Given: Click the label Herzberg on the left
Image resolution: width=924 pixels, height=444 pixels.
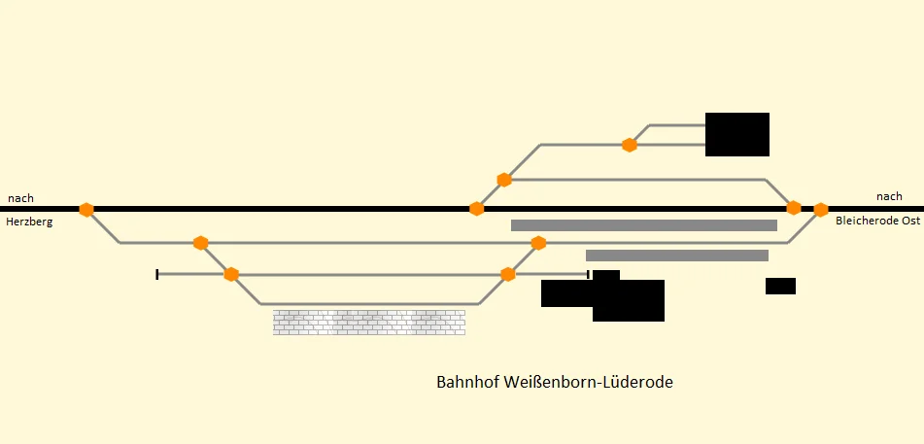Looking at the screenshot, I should coord(29,222).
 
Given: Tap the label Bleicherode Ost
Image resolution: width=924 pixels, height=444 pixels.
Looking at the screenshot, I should coord(877,222).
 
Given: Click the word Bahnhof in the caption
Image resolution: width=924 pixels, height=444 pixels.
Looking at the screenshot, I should coord(468,383).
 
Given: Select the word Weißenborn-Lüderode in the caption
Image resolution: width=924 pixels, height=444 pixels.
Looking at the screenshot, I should coord(588,383).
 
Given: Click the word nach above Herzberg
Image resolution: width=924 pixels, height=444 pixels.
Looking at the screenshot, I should coord(20,198).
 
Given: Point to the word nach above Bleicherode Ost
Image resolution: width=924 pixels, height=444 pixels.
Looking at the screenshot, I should coord(889,196).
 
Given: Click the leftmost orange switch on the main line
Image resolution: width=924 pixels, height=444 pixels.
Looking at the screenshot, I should coord(86,209).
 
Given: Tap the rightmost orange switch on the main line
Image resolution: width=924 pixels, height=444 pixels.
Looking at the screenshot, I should coord(821,209).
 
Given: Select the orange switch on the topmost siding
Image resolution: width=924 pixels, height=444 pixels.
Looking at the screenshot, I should coord(630,145).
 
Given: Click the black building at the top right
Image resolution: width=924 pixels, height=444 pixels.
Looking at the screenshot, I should coord(736,134).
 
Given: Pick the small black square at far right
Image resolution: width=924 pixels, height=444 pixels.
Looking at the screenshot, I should coord(780,286).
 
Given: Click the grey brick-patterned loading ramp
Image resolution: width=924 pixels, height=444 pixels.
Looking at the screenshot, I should coord(369,323).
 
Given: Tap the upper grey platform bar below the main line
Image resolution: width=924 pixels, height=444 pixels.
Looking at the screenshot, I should coord(643,225).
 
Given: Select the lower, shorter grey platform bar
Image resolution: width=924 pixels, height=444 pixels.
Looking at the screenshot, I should coord(677,256).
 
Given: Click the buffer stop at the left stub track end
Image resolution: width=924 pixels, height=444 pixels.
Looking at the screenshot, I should coord(157,274).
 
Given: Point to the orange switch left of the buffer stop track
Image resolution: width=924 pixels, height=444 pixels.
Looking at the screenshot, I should coord(231,274).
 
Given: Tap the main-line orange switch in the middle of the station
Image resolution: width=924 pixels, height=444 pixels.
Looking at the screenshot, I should coord(476,209).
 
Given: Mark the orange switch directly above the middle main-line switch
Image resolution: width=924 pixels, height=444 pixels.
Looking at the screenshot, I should coord(504,180).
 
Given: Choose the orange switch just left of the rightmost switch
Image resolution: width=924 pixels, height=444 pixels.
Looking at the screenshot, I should coord(794,208).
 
